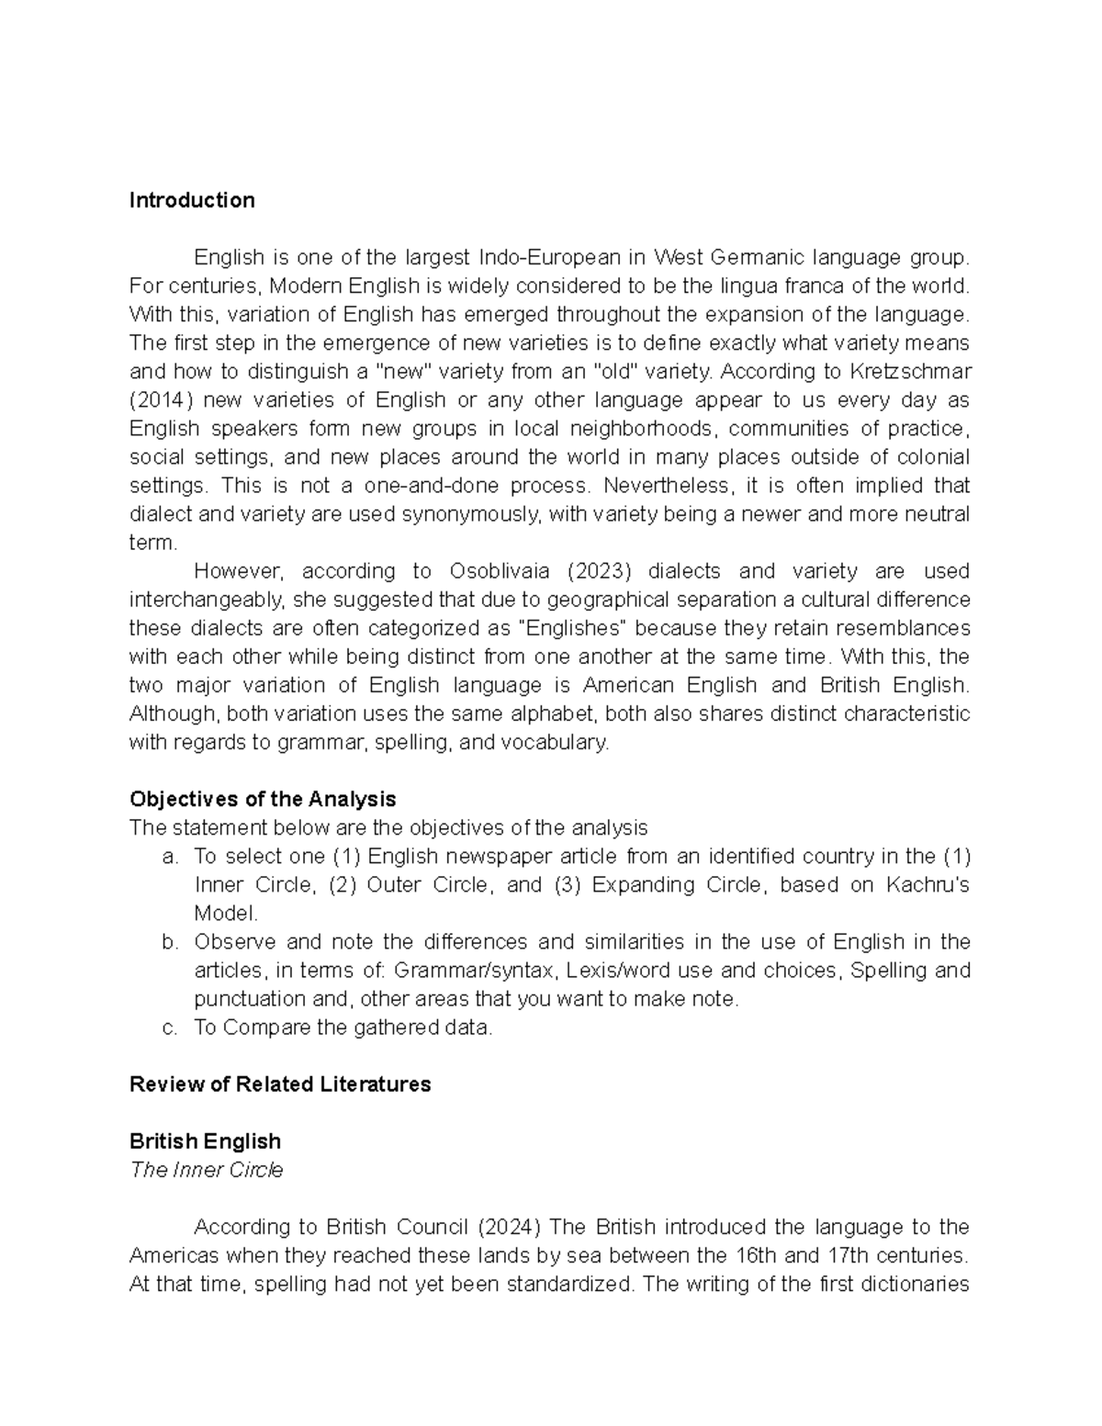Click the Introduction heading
click(192, 200)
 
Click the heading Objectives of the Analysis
click(263, 798)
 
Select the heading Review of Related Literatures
click(280, 1084)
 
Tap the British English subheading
click(205, 1141)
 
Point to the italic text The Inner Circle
click(206, 1170)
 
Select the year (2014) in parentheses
click(162, 400)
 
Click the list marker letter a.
click(167, 857)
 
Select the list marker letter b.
click(167, 942)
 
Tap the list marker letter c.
click(167, 1027)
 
